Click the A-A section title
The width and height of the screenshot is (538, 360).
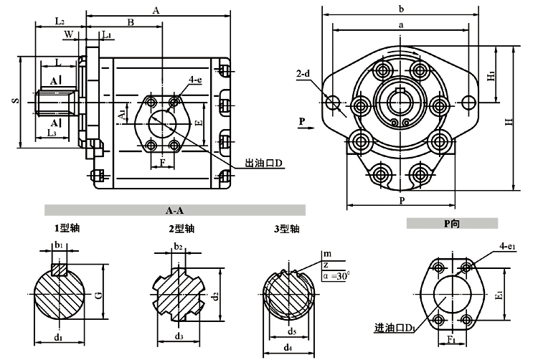pos(174,211)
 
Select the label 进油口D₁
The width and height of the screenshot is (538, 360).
pos(392,328)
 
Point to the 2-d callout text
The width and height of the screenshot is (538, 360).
pos(303,74)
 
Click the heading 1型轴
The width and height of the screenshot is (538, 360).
pos(67,229)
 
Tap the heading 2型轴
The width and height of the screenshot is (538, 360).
pos(181,229)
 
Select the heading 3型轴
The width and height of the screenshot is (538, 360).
pos(285,229)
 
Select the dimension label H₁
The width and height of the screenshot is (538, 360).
pos(491,74)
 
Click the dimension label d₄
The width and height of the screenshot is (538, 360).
pos(287,348)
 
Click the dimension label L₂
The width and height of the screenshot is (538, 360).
pos(60,22)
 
